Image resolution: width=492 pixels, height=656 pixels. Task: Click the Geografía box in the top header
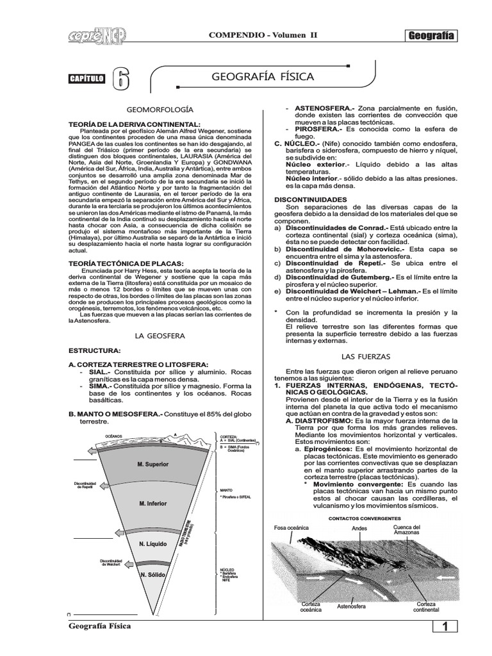[x=431, y=36]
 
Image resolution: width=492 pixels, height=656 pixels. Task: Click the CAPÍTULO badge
[x=86, y=79]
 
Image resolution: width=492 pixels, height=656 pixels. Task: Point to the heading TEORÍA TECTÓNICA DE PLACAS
[x=126, y=263]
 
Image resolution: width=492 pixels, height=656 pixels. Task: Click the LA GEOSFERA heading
[x=160, y=335]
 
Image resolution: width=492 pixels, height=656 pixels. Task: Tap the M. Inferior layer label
[x=152, y=504]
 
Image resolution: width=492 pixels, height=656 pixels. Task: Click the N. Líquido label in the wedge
[x=152, y=544]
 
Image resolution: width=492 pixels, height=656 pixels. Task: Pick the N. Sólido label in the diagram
[x=152, y=575]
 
